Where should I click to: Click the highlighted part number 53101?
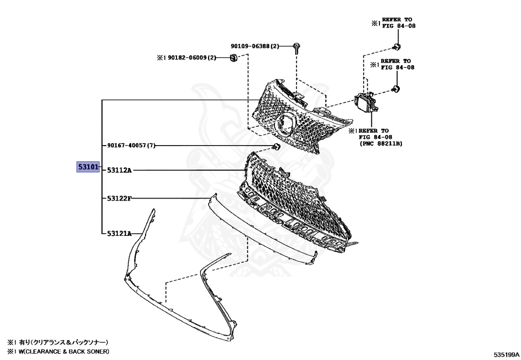(87, 167)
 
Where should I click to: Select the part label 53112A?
(119, 170)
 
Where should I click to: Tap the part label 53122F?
(119, 198)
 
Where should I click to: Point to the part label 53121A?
(119, 233)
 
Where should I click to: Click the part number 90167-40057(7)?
(131, 146)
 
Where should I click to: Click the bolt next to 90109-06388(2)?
(296, 47)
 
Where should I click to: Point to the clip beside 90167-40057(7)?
(276, 147)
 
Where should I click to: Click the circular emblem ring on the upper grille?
(284, 124)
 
